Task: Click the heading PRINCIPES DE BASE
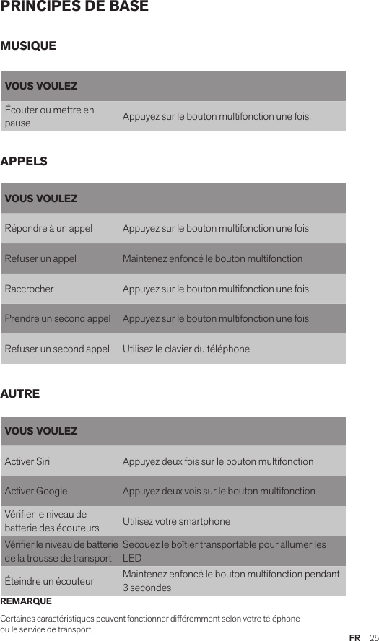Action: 74,7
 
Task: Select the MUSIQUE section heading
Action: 28,46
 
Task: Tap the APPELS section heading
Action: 25,161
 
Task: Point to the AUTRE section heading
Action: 20,394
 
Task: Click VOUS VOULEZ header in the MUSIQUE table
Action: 41,87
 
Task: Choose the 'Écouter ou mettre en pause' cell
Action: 49,116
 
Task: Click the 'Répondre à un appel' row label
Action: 48,229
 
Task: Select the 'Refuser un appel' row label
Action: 40,259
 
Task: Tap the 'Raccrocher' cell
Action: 29,289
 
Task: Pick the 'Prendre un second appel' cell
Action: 58,319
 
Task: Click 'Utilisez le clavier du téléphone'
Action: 186,349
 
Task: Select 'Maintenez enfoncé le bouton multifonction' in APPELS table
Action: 212,259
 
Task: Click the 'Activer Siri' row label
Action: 27,461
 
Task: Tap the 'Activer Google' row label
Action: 36,492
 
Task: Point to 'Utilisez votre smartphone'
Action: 176,522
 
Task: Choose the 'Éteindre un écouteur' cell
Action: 49,581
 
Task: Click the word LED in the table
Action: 131,559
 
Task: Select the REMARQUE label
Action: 26,601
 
